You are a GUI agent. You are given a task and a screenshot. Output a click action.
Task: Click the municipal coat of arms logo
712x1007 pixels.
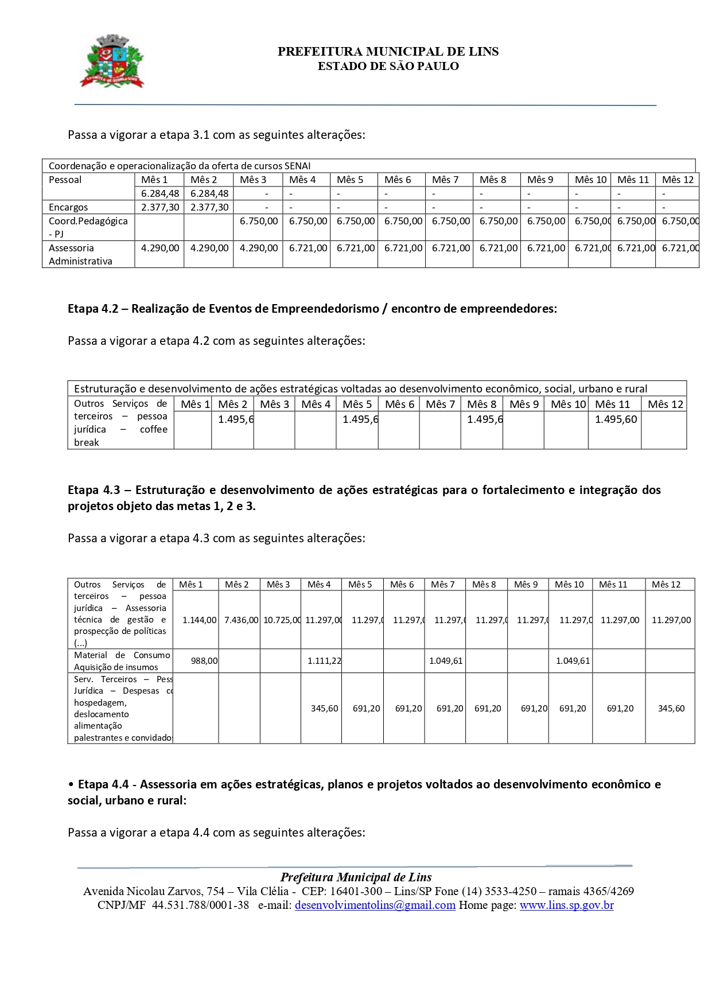click(112, 60)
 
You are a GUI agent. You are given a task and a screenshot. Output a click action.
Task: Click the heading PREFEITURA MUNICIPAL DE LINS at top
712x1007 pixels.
click(388, 52)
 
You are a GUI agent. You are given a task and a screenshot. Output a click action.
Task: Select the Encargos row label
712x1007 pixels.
click(68, 207)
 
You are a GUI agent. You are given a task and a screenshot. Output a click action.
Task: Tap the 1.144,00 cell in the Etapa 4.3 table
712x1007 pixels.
click(199, 620)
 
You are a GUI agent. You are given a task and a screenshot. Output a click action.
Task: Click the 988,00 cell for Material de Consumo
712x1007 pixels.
click(204, 660)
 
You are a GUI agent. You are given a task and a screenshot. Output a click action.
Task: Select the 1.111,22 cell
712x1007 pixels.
click(324, 660)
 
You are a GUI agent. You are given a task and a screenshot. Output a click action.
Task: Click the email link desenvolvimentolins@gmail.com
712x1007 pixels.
click(375, 905)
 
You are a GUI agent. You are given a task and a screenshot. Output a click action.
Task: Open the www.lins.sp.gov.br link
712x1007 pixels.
click(566, 905)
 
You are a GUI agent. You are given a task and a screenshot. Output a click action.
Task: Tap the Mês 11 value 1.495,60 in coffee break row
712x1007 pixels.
click(616, 419)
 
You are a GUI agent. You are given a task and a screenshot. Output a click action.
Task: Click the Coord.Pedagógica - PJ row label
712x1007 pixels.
click(88, 227)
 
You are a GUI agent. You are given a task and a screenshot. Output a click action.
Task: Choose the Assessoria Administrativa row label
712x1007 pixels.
click(80, 254)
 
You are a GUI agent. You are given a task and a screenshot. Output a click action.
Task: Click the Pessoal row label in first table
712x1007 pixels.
click(65, 180)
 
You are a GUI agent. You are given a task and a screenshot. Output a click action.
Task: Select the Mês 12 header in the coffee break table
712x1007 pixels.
click(666, 404)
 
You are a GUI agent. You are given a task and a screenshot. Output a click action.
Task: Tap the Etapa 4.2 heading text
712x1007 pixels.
click(312, 309)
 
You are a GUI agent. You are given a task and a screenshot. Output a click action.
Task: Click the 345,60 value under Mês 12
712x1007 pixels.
click(671, 708)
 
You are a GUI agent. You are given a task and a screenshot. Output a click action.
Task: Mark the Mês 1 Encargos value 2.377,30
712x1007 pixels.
click(160, 207)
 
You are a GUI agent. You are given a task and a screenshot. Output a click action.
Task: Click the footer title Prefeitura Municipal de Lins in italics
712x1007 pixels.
click(356, 877)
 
